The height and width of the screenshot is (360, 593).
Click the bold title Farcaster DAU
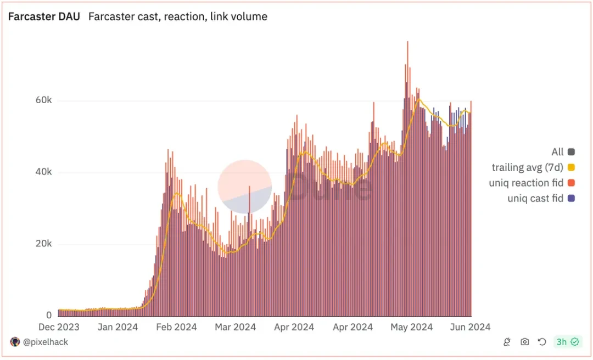(x=44, y=16)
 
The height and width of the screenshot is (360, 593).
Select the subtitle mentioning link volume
(x=178, y=16)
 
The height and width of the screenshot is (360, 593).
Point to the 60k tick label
(x=41, y=101)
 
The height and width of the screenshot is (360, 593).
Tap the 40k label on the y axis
(x=41, y=172)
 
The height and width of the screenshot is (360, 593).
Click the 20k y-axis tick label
(x=41, y=244)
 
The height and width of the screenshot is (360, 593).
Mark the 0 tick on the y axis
(x=49, y=316)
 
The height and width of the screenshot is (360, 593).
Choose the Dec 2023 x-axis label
(x=58, y=327)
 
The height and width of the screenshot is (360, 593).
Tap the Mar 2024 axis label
(x=235, y=327)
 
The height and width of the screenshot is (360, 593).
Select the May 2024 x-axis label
(x=411, y=327)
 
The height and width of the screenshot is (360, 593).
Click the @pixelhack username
(x=46, y=342)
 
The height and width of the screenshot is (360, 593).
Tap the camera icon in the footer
(x=525, y=342)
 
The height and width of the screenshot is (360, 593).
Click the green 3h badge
(x=567, y=342)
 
